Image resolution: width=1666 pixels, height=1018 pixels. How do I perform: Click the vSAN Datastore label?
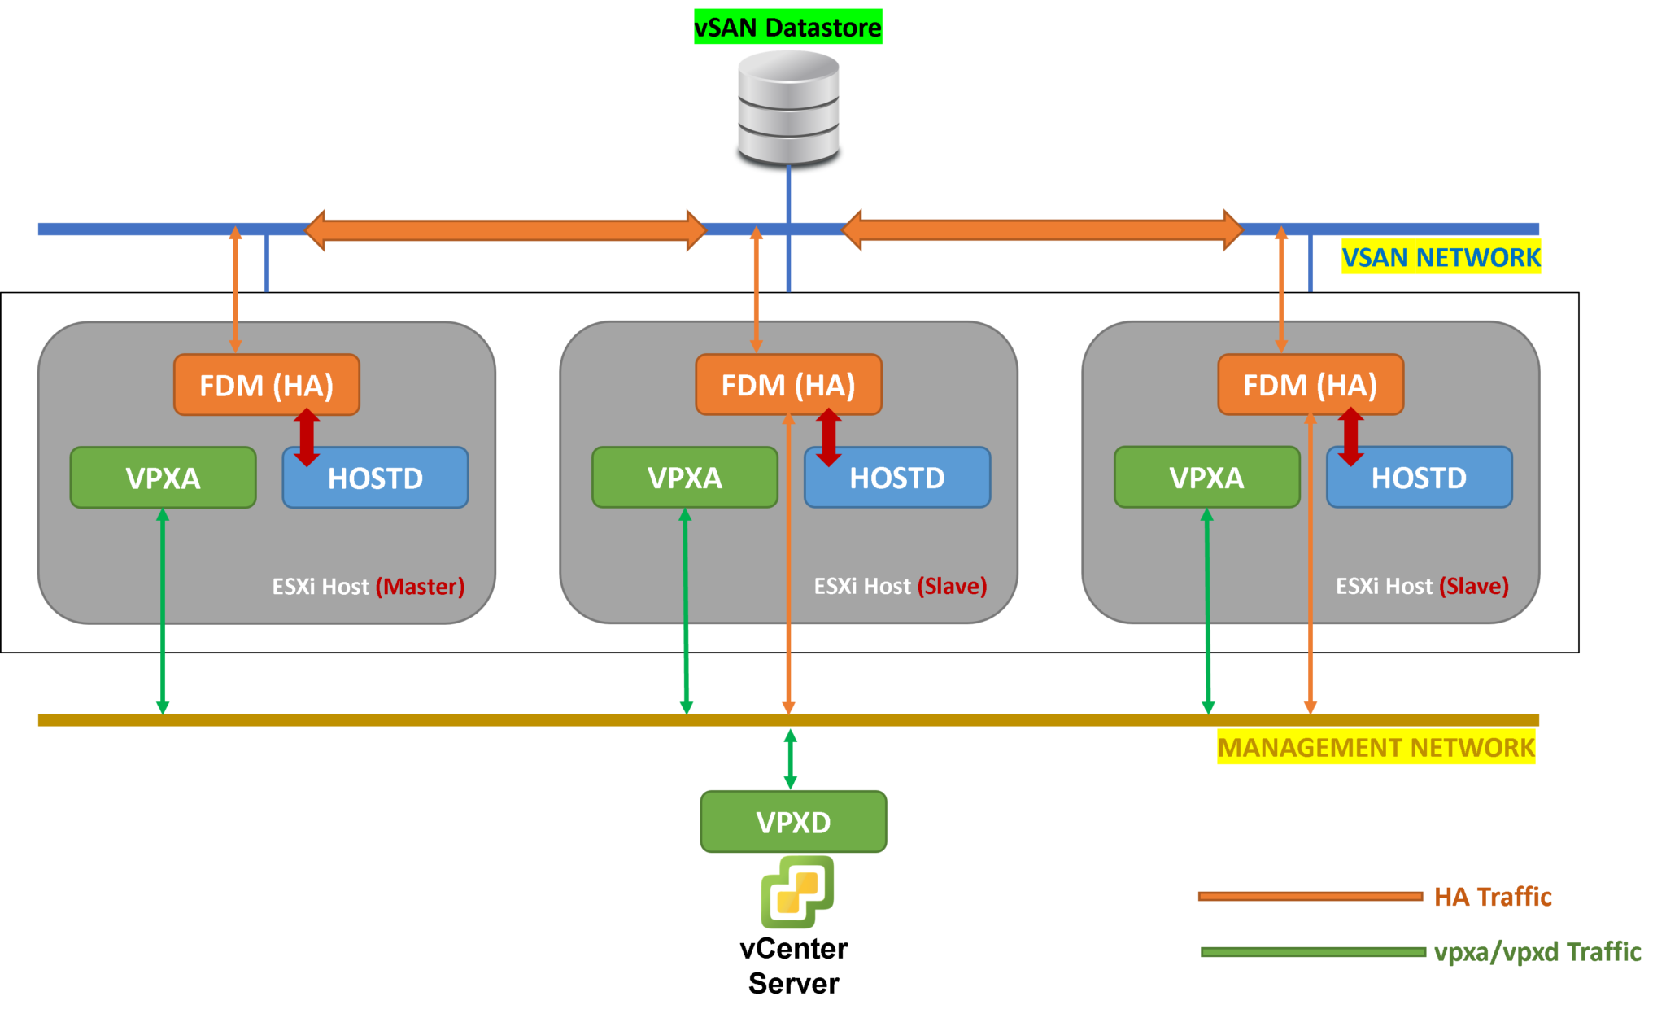point(787,27)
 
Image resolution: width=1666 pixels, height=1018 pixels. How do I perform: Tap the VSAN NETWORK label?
point(1441,257)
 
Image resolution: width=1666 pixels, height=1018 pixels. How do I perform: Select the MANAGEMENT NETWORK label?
point(1376,747)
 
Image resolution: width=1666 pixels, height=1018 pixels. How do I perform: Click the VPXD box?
point(793,822)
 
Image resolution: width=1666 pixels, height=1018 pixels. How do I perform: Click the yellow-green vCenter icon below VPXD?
point(796,891)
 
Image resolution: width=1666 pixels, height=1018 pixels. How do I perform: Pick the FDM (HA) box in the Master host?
point(266,385)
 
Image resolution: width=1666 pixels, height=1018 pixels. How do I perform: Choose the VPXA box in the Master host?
point(163,478)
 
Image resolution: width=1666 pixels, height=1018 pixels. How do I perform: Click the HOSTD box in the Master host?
point(375,478)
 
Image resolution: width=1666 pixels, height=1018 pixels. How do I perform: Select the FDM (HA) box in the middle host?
point(788,385)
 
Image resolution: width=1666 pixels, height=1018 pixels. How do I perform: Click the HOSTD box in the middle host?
point(897,478)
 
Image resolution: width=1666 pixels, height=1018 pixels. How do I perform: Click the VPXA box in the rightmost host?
point(1206,478)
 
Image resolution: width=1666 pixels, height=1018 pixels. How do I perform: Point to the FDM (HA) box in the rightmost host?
point(1310,385)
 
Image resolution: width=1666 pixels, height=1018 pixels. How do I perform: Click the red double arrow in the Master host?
point(307,437)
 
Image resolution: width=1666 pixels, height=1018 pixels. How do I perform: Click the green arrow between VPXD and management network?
point(790,758)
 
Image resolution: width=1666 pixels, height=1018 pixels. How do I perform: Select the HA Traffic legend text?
point(1493,897)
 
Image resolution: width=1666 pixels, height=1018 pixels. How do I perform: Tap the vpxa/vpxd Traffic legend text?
point(1537,951)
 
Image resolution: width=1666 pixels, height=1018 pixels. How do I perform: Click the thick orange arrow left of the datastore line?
point(504,230)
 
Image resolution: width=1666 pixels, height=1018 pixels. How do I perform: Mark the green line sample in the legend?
point(1313,952)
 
